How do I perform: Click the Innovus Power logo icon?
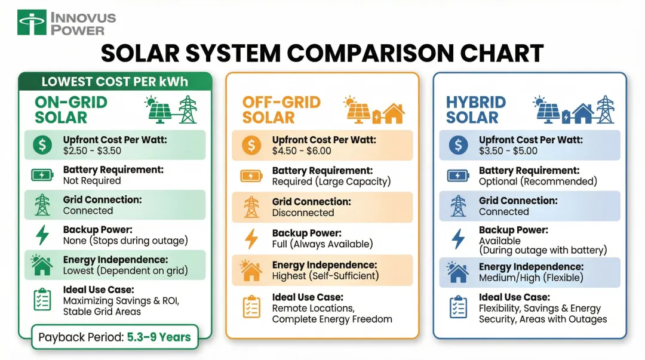32,22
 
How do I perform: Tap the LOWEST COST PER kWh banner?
115,81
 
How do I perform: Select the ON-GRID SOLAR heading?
70,110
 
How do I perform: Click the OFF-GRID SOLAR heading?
281,110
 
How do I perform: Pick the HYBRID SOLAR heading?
476,110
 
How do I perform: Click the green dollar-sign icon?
42,145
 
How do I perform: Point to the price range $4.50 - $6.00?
302,151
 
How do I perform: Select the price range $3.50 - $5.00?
508,151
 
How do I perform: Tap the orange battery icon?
251,176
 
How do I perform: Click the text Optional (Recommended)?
537,181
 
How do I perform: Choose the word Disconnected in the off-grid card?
303,213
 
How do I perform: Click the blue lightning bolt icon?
458,238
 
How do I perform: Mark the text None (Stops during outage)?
125,241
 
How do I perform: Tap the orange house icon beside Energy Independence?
251,270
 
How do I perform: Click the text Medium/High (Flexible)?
531,278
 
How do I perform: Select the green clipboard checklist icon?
42,300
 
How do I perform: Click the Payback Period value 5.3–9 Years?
158,337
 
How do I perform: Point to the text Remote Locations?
313,308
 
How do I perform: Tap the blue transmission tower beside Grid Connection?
458,205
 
